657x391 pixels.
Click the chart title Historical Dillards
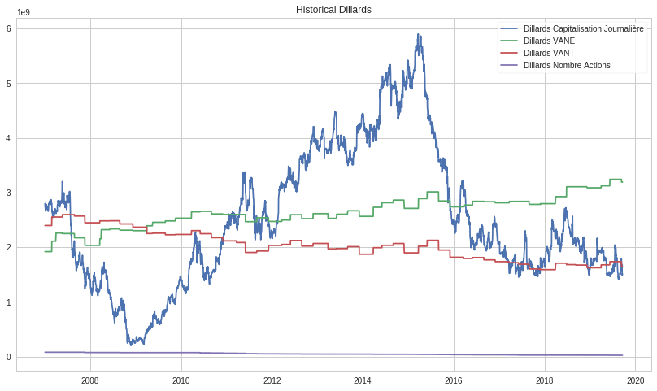pyautogui.click(x=333, y=10)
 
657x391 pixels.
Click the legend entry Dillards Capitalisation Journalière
pyautogui.click(x=583, y=29)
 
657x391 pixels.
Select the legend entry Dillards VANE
pyautogui.click(x=549, y=41)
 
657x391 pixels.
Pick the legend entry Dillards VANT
pyautogui.click(x=549, y=53)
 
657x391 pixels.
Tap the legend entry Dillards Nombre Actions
pyautogui.click(x=567, y=65)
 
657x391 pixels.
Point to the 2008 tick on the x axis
pyautogui.click(x=90, y=380)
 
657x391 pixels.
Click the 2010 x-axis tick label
pyautogui.click(x=181, y=380)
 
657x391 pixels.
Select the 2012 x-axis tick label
pyautogui.click(x=272, y=380)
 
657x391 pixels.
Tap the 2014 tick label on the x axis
pyautogui.click(x=363, y=380)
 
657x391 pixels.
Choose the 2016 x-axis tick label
pyautogui.click(x=454, y=380)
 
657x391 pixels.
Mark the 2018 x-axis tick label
pyautogui.click(x=545, y=380)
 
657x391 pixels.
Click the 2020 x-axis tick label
pyautogui.click(x=636, y=380)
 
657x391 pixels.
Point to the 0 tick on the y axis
pyautogui.click(x=9, y=357)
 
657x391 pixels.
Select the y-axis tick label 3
pyautogui.click(x=9, y=193)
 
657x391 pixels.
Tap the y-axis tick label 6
pyautogui.click(x=9, y=28)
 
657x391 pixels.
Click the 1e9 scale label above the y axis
pyautogui.click(x=25, y=13)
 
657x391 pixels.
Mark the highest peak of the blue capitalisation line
pyautogui.click(x=418, y=35)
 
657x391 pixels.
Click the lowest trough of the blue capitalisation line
pyautogui.click(x=129, y=345)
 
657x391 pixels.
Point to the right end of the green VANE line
pyautogui.click(x=623, y=182)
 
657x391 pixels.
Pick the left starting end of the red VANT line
pyautogui.click(x=45, y=225)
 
